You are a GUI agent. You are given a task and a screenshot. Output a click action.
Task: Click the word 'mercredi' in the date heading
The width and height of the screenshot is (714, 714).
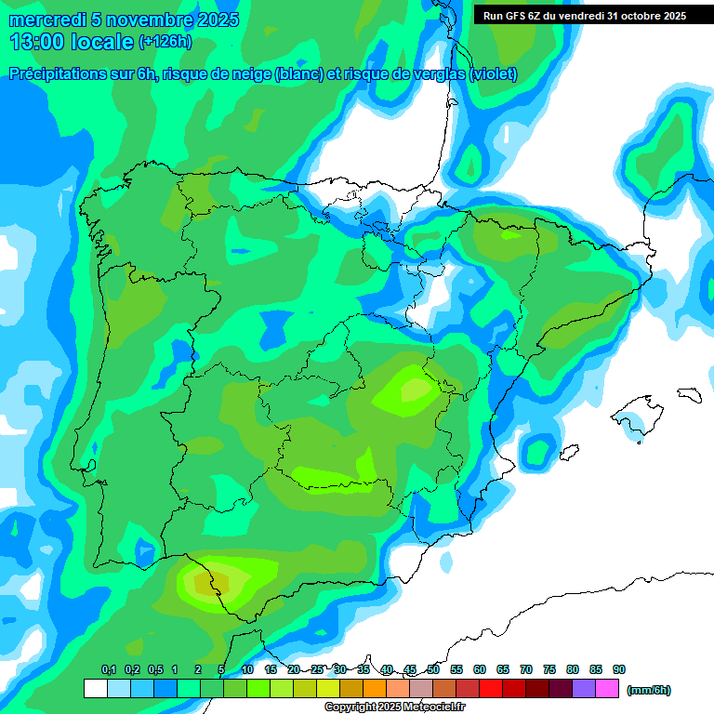pyautogui.click(x=46, y=20)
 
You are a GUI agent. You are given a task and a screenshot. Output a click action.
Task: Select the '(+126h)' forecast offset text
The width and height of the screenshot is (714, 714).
pyautogui.click(x=165, y=42)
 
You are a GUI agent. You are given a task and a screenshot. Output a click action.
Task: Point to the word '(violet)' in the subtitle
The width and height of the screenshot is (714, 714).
pyautogui.click(x=494, y=74)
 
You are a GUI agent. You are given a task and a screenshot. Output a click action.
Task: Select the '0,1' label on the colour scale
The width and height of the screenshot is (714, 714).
pyautogui.click(x=108, y=670)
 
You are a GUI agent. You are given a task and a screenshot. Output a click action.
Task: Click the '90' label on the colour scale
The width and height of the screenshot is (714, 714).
pyautogui.click(x=619, y=670)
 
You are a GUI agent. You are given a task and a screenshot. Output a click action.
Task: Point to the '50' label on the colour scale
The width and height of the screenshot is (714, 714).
pyautogui.click(x=433, y=670)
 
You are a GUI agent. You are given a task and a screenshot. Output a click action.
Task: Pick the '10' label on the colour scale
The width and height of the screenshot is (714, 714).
pyautogui.click(x=247, y=670)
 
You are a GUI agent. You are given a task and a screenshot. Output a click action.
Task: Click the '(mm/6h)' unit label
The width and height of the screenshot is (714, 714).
pyautogui.click(x=649, y=690)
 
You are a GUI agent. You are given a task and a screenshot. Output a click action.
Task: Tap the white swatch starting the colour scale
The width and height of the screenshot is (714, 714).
pyautogui.click(x=95, y=689)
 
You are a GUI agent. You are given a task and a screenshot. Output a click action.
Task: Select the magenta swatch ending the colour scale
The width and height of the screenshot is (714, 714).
pyautogui.click(x=607, y=689)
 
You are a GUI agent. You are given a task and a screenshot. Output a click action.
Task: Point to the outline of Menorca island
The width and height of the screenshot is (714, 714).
pyautogui.click(x=688, y=394)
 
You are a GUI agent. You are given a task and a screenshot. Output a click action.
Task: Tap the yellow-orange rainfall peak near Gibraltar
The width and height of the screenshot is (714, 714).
pyautogui.click(x=204, y=583)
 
